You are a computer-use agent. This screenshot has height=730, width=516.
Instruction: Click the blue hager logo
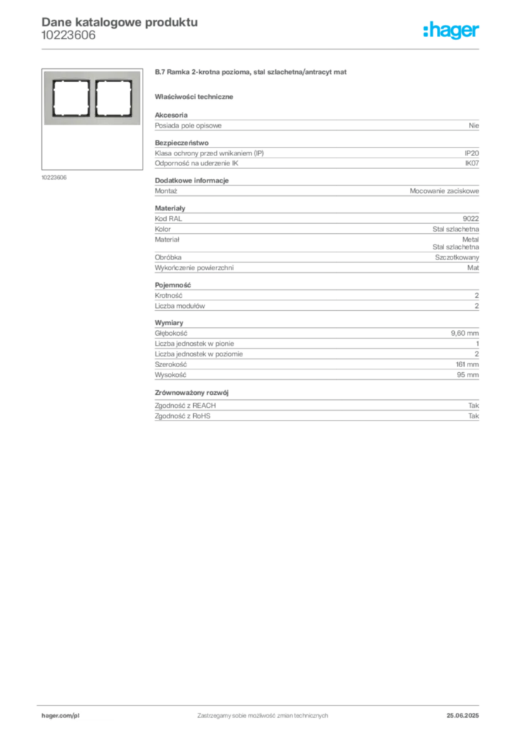tap(452, 31)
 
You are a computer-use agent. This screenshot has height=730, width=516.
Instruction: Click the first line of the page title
tap(118, 21)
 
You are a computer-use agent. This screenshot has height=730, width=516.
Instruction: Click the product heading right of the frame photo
tap(250, 74)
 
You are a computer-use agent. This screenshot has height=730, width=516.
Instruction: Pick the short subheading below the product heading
tap(196, 96)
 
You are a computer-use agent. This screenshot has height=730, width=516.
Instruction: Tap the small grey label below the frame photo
tap(54, 177)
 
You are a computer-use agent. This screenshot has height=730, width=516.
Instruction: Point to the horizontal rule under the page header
tap(262, 48)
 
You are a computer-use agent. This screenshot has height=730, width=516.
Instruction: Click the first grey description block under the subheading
tap(316, 126)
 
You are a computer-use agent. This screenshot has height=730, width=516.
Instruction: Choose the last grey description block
tap(316, 408)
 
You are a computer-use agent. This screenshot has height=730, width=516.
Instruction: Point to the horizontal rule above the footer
tap(262, 702)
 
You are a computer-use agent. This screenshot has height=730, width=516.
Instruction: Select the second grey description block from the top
tap(316, 155)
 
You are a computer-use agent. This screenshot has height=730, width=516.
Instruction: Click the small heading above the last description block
tap(193, 391)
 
